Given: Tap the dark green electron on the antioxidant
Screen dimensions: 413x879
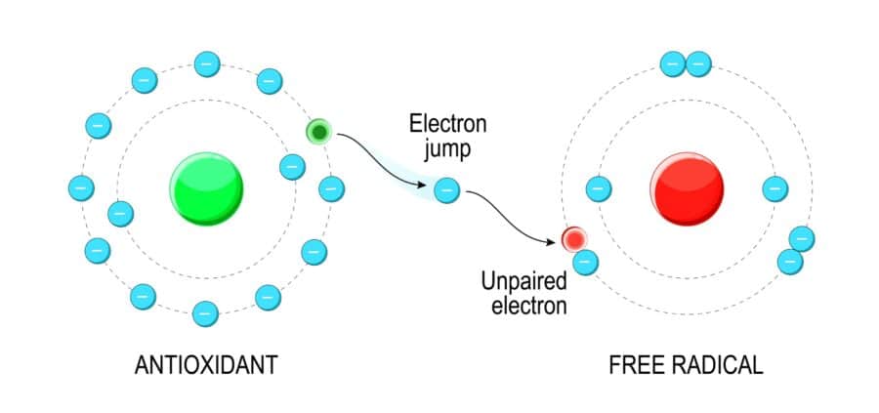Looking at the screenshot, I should coord(319,132).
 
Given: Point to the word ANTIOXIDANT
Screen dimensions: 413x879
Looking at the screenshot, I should coord(205,366).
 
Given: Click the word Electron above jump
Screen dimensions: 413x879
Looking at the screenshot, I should coord(447,125).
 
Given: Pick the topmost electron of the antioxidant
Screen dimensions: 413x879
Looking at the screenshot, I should coord(205,64).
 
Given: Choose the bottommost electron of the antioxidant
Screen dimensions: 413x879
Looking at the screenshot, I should coord(205,313).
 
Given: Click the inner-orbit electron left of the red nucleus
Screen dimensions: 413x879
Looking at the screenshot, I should coord(598,187).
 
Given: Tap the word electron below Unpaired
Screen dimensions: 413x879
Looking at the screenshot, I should coord(528,308).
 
